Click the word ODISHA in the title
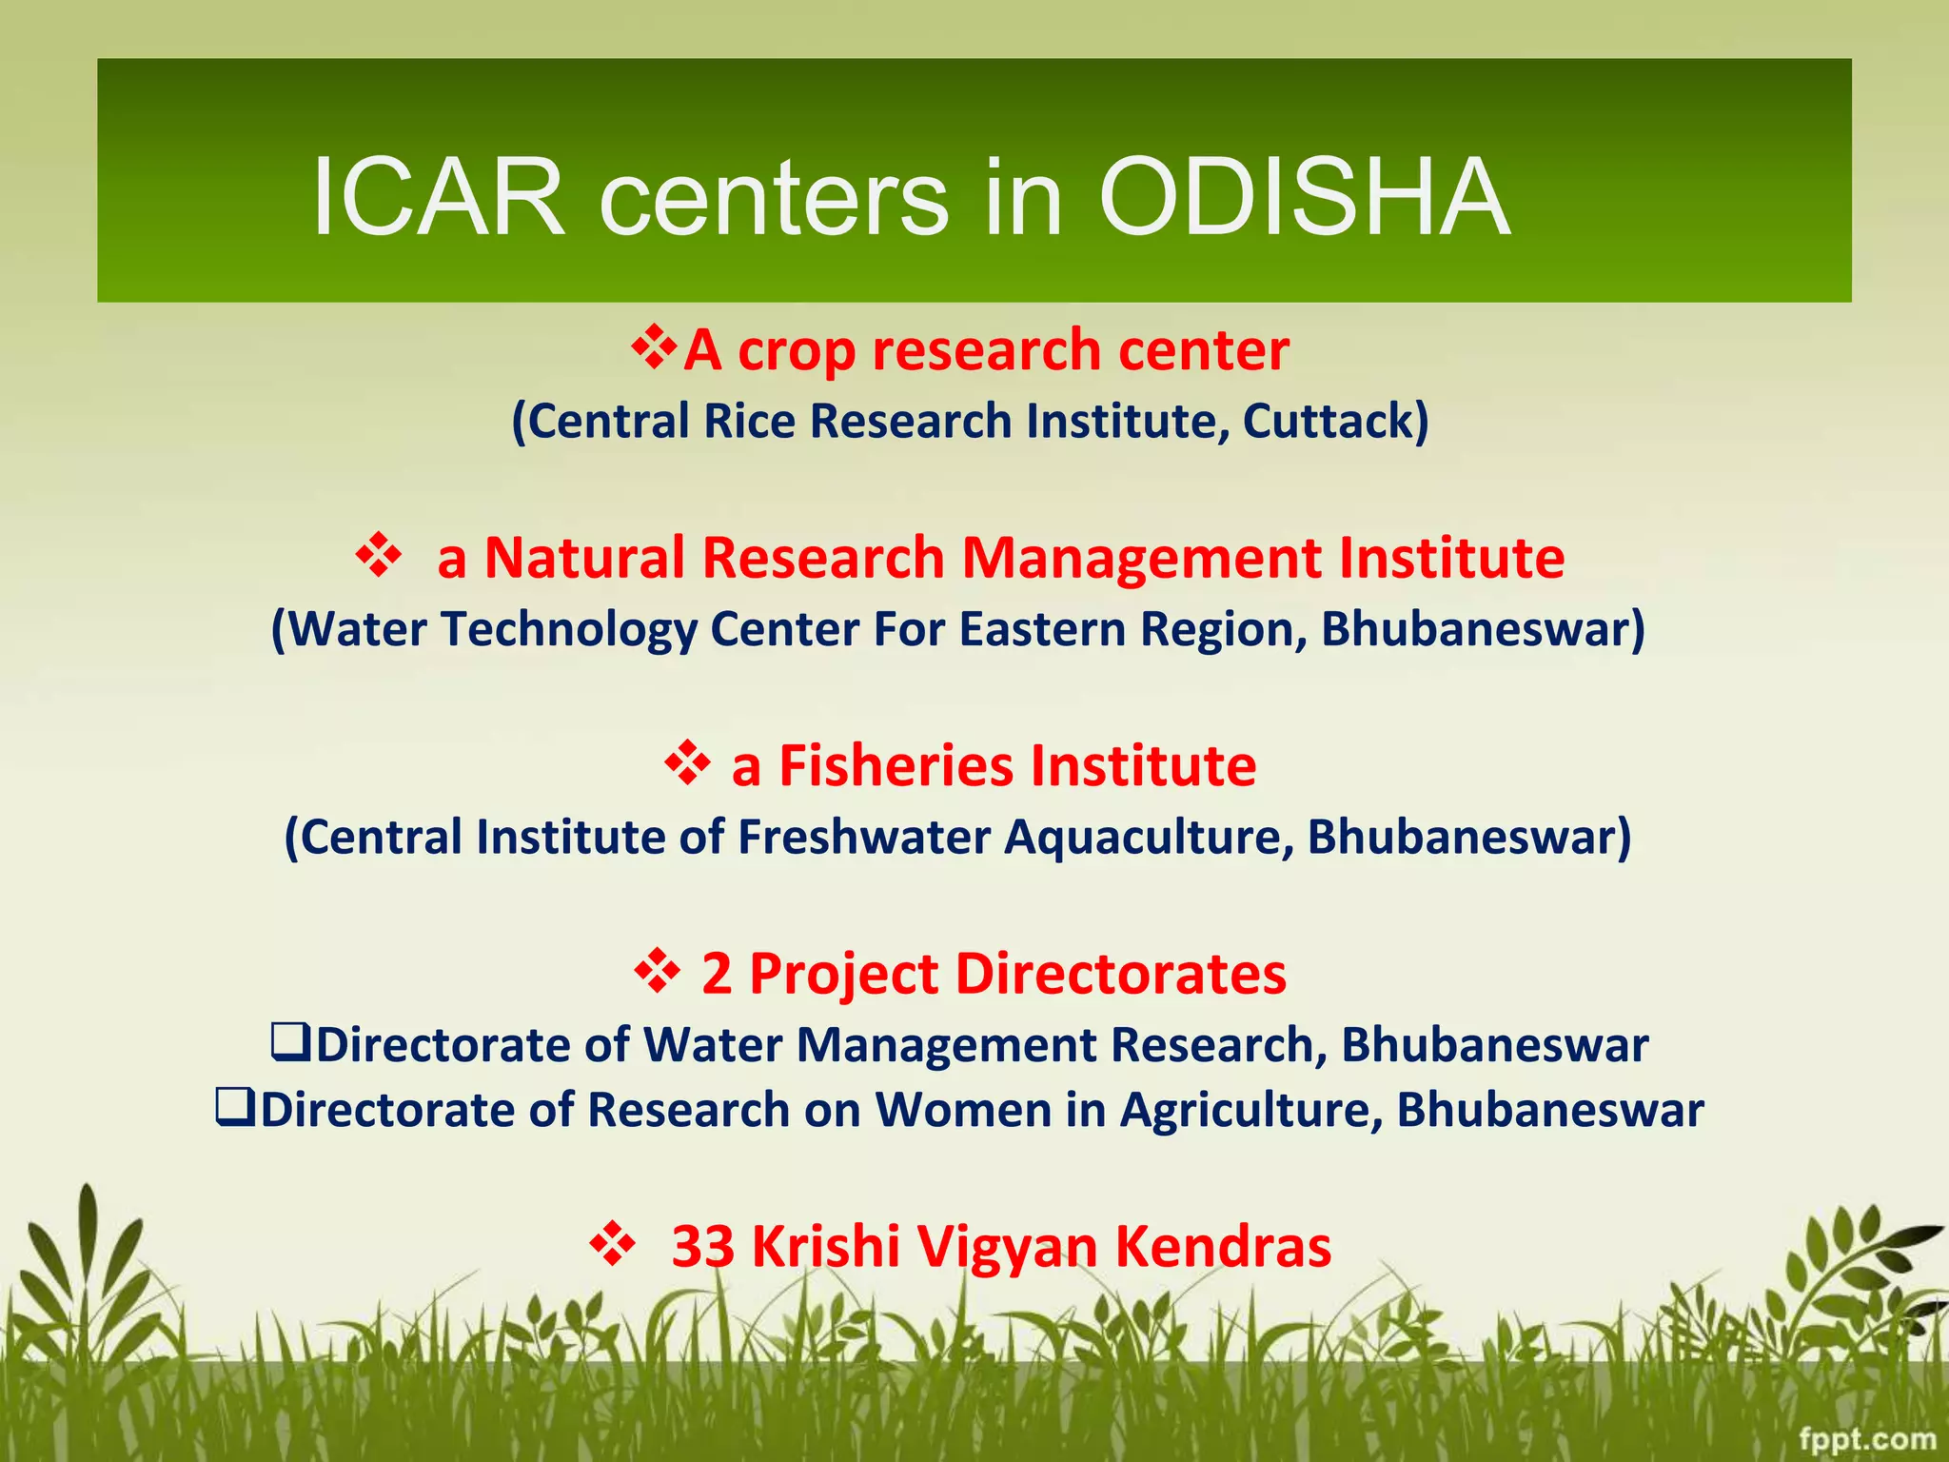[x=1304, y=198]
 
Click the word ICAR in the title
[x=439, y=198]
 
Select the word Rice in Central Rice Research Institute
[x=748, y=422]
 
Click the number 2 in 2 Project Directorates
[x=717, y=975]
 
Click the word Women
[x=963, y=1110]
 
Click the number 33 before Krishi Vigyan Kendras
[x=702, y=1246]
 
